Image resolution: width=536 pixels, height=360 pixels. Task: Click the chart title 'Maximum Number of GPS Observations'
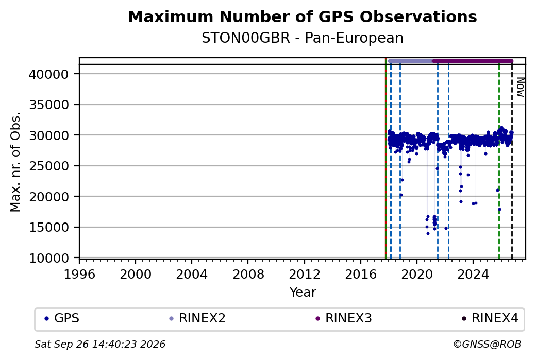303,16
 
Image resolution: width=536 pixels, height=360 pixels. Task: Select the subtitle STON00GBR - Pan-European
303,38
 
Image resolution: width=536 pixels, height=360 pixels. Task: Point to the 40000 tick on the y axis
49,74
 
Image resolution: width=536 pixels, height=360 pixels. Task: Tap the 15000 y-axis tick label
49,228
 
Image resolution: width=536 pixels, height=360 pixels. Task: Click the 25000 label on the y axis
49,166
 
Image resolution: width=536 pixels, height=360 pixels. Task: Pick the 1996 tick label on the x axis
79,275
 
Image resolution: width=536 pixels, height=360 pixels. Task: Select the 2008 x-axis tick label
248,275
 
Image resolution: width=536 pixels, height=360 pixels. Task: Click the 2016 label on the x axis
361,275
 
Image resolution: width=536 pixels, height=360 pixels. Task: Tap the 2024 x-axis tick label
473,275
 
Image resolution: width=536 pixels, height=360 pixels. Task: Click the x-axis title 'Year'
303,293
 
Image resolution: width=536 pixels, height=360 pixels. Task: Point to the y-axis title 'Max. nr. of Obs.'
15,162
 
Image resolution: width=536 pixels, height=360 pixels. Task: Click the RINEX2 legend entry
197,318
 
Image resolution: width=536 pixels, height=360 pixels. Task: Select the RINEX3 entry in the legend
344,318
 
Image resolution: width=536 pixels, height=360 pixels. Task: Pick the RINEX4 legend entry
490,318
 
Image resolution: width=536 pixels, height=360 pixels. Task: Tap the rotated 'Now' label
520,87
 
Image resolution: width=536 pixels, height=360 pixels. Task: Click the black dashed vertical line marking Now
512,161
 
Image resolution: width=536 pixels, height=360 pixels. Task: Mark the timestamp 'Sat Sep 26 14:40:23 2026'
100,344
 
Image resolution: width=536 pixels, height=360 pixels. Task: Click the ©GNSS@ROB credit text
487,344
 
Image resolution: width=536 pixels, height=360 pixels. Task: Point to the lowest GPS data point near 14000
428,234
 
